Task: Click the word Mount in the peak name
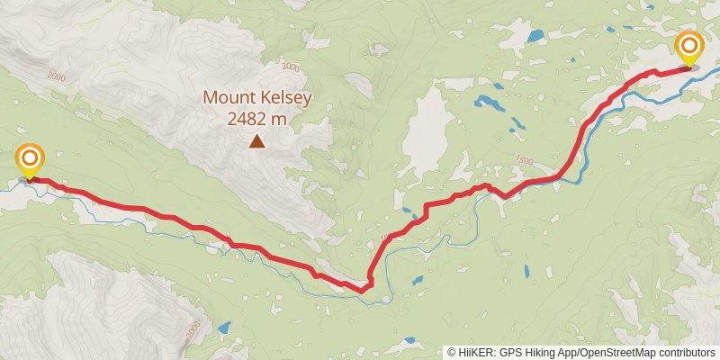227,97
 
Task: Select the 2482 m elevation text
257,118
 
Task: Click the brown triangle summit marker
257,140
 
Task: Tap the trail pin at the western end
30,160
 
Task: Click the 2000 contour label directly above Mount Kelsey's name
290,67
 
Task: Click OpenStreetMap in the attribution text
623,353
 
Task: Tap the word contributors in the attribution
689,353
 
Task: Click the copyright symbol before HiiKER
452,353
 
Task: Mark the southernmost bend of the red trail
363,290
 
